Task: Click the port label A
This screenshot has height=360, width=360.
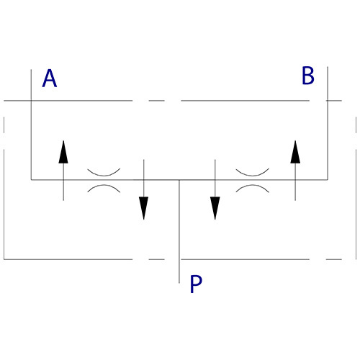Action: (x=50, y=78)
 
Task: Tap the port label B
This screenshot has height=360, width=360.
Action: (x=308, y=76)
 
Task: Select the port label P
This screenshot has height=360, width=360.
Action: (x=196, y=284)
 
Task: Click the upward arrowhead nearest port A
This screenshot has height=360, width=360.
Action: (x=63, y=152)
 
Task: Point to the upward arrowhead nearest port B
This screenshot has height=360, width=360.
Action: (x=295, y=152)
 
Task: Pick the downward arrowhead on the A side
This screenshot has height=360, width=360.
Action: (x=144, y=208)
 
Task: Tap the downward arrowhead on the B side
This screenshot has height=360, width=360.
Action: (x=215, y=208)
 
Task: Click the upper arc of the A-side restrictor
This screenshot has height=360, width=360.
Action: (x=104, y=175)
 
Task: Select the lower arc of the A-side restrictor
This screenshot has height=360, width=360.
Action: (x=104, y=185)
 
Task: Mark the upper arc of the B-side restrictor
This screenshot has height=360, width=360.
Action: (x=253, y=175)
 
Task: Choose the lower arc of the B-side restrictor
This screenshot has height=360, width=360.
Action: (x=253, y=185)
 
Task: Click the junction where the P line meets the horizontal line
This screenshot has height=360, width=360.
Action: (x=179, y=179)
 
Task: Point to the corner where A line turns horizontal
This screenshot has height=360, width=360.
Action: (x=31, y=179)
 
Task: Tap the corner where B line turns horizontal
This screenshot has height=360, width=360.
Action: (x=328, y=179)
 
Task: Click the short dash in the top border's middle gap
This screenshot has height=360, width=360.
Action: (x=156, y=101)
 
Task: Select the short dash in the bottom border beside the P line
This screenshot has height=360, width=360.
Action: (x=156, y=259)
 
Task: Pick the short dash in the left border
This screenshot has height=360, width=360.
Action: (x=4, y=125)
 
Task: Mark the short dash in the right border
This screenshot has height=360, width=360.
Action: (x=356, y=125)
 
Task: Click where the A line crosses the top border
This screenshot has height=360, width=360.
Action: (x=31, y=101)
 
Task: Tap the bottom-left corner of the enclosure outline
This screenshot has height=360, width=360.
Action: (x=4, y=259)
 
